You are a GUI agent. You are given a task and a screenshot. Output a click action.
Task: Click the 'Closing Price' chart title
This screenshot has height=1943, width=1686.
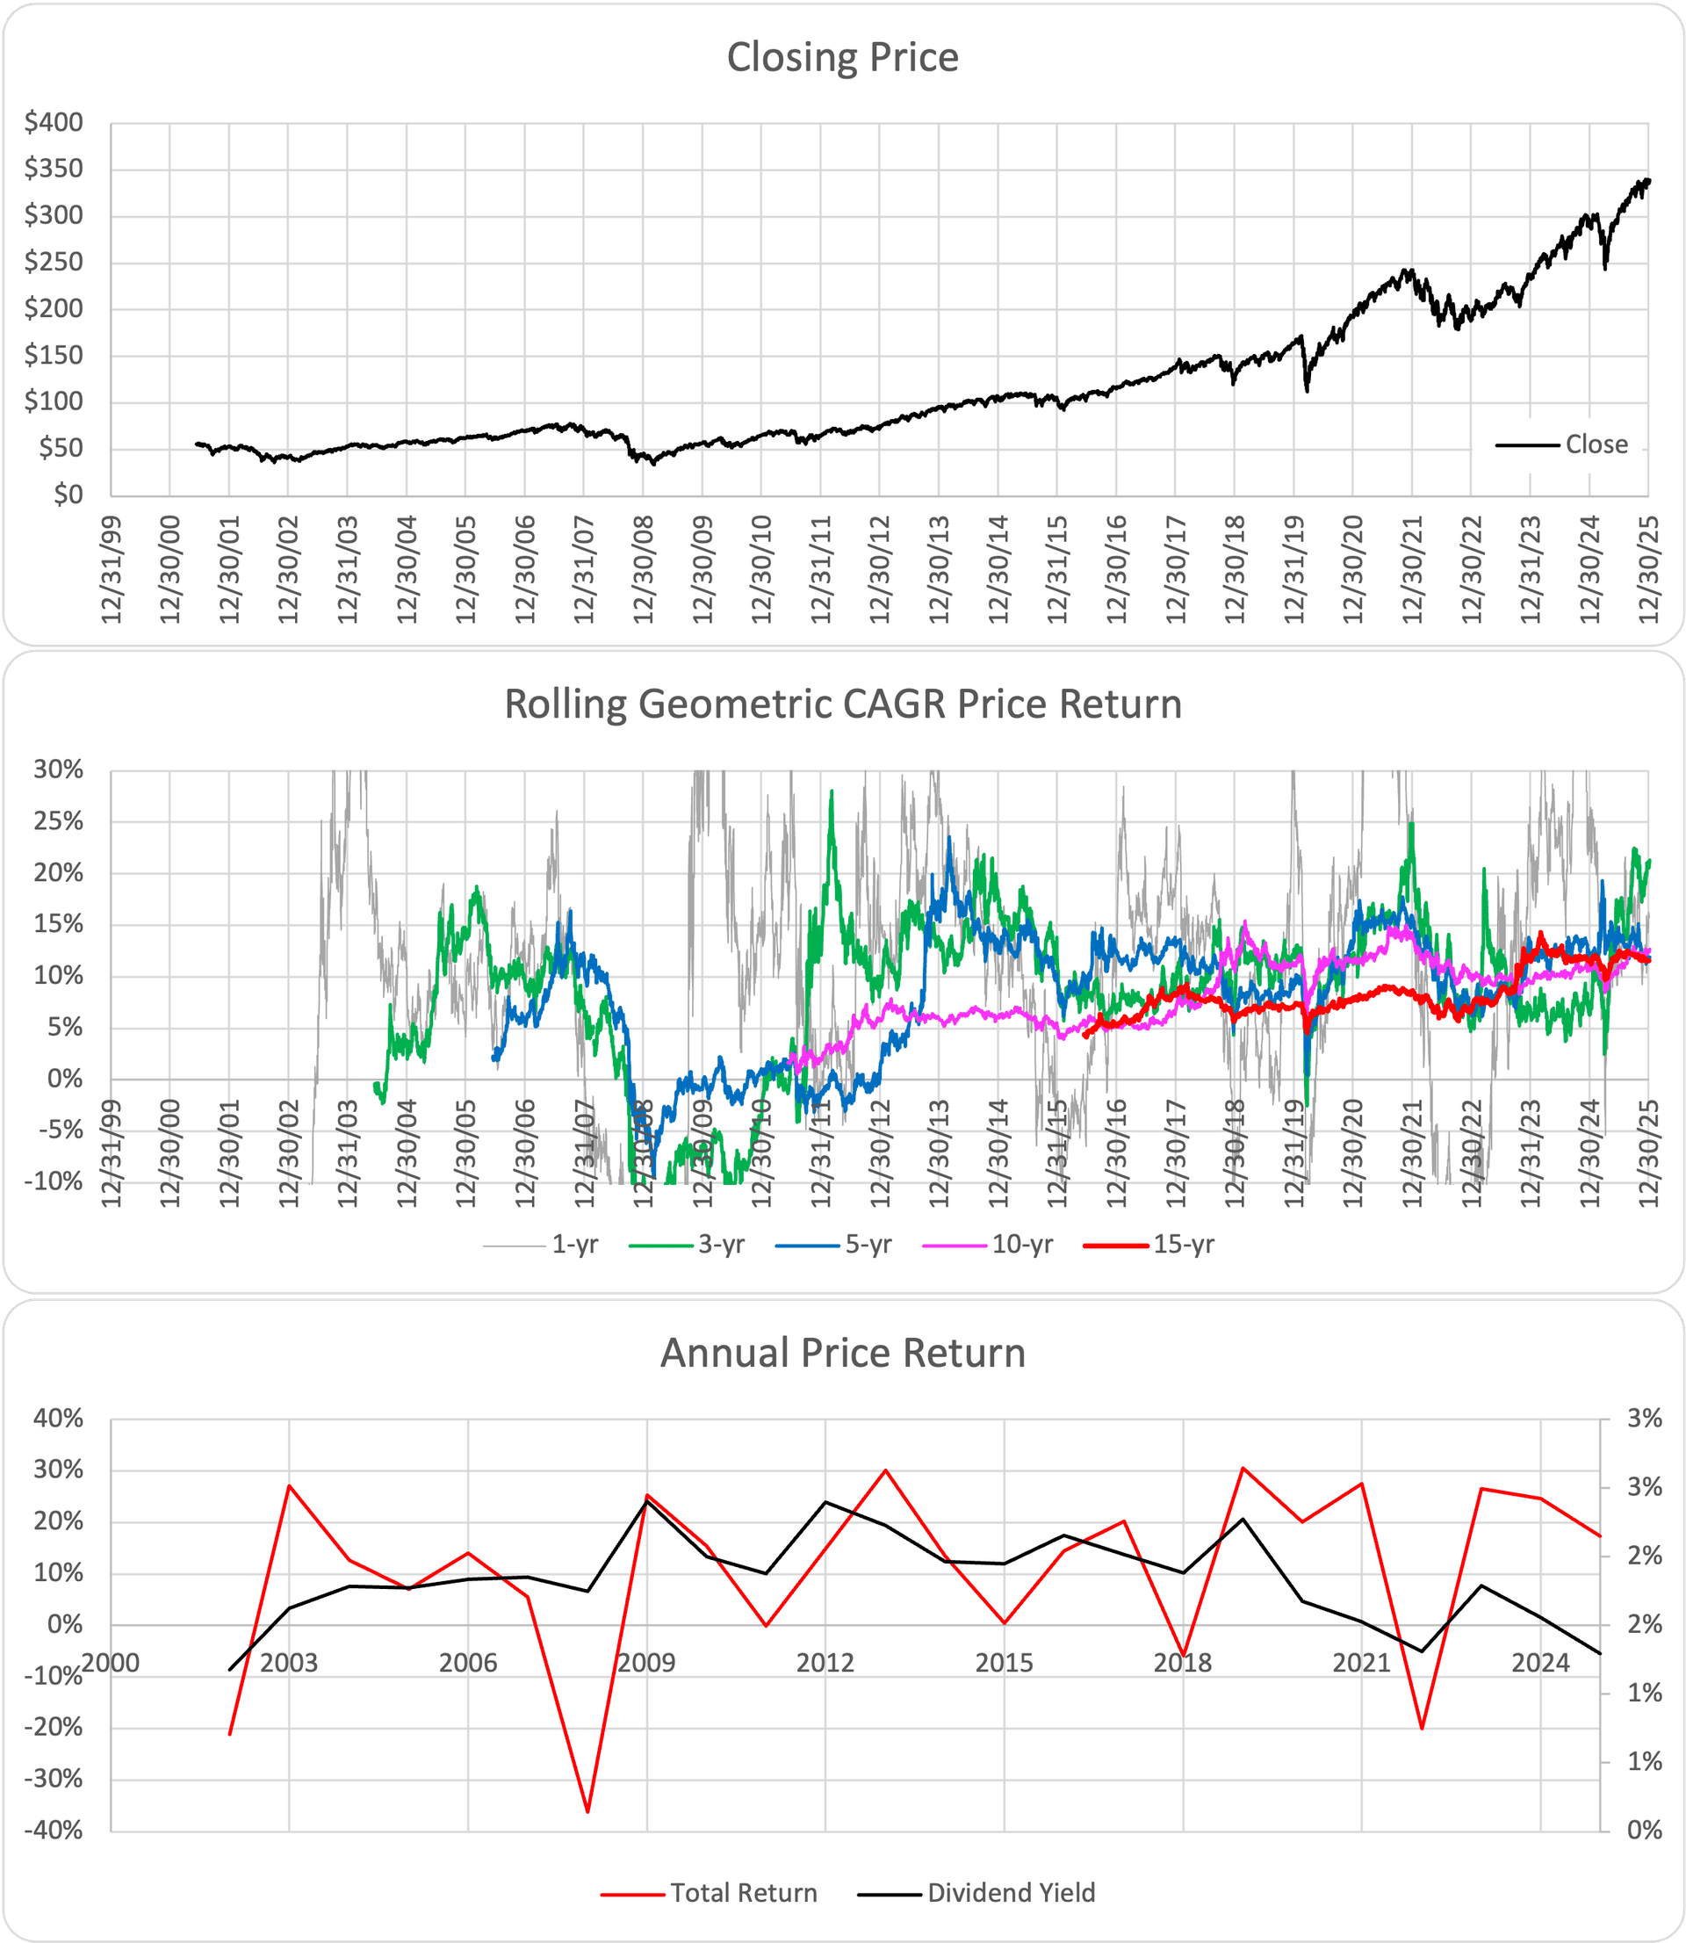pos(842,57)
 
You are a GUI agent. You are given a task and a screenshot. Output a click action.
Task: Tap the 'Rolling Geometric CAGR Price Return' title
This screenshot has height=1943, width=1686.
pos(842,704)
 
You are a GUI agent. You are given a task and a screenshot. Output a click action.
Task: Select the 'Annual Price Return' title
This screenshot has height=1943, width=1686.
pos(842,1353)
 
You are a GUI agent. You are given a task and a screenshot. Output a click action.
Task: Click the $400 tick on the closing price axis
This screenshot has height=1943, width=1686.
pos(54,122)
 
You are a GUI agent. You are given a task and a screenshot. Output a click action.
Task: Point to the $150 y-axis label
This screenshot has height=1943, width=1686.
pos(54,356)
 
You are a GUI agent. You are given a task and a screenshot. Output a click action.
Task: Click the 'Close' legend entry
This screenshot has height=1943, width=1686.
pos(1596,444)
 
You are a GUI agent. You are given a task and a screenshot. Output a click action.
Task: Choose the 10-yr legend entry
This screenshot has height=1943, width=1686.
pos(1022,1245)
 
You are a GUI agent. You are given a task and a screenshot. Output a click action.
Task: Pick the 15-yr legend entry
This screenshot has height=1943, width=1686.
pos(1184,1245)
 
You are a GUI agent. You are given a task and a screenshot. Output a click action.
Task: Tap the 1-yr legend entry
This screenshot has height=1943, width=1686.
pos(574,1245)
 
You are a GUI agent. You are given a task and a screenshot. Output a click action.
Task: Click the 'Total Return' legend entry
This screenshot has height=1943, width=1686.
pos(743,1893)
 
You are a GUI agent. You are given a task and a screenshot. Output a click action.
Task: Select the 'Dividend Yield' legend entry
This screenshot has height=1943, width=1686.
pos(1011,1893)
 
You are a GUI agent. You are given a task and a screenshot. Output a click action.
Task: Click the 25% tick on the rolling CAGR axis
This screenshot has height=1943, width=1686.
pos(58,821)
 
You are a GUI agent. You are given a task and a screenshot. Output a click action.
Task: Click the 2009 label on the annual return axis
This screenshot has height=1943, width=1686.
pos(646,1664)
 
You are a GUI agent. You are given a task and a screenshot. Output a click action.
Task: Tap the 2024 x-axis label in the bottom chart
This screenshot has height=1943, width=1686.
pos(1540,1664)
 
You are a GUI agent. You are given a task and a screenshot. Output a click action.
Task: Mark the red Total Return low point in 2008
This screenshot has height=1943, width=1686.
pos(587,1812)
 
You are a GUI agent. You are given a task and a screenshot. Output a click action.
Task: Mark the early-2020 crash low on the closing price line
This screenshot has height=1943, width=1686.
pos(1307,391)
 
